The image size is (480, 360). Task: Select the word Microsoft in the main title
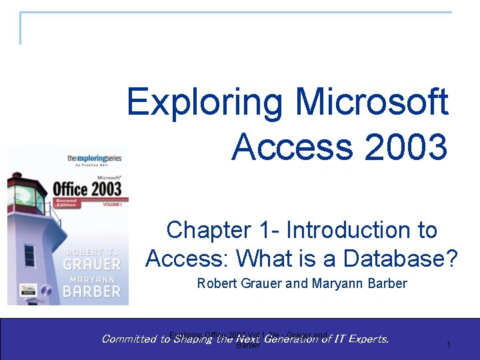372,102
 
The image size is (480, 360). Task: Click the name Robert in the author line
216,283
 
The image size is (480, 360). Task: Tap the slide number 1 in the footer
449,345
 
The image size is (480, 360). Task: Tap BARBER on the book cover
91,291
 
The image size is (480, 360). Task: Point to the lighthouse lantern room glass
27,193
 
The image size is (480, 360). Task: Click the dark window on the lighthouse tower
29,255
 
